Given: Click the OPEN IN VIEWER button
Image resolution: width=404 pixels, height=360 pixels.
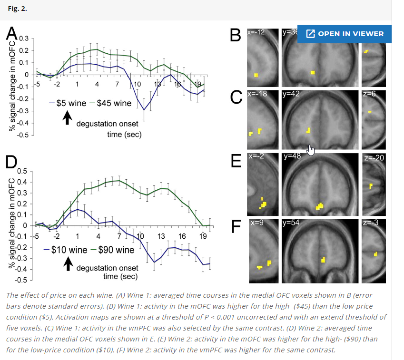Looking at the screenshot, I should pyautogui.click(x=345, y=34).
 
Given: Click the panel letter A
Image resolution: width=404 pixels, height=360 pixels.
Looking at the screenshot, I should pyautogui.click(x=11, y=34).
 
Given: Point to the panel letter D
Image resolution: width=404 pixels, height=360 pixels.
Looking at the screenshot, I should pyautogui.click(x=10, y=162).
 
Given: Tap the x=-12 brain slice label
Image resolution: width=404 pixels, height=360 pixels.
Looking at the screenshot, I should pyautogui.click(x=256, y=33).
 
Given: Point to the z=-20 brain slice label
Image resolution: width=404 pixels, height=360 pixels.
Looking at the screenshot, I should pyautogui.click(x=374, y=158).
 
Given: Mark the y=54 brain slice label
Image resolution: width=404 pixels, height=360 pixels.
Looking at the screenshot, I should pyautogui.click(x=291, y=223).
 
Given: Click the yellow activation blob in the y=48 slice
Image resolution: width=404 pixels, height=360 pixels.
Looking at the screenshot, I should pyautogui.click(x=319, y=206).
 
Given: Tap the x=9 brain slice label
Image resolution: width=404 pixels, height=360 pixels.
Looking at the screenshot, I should pyautogui.click(x=256, y=223).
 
